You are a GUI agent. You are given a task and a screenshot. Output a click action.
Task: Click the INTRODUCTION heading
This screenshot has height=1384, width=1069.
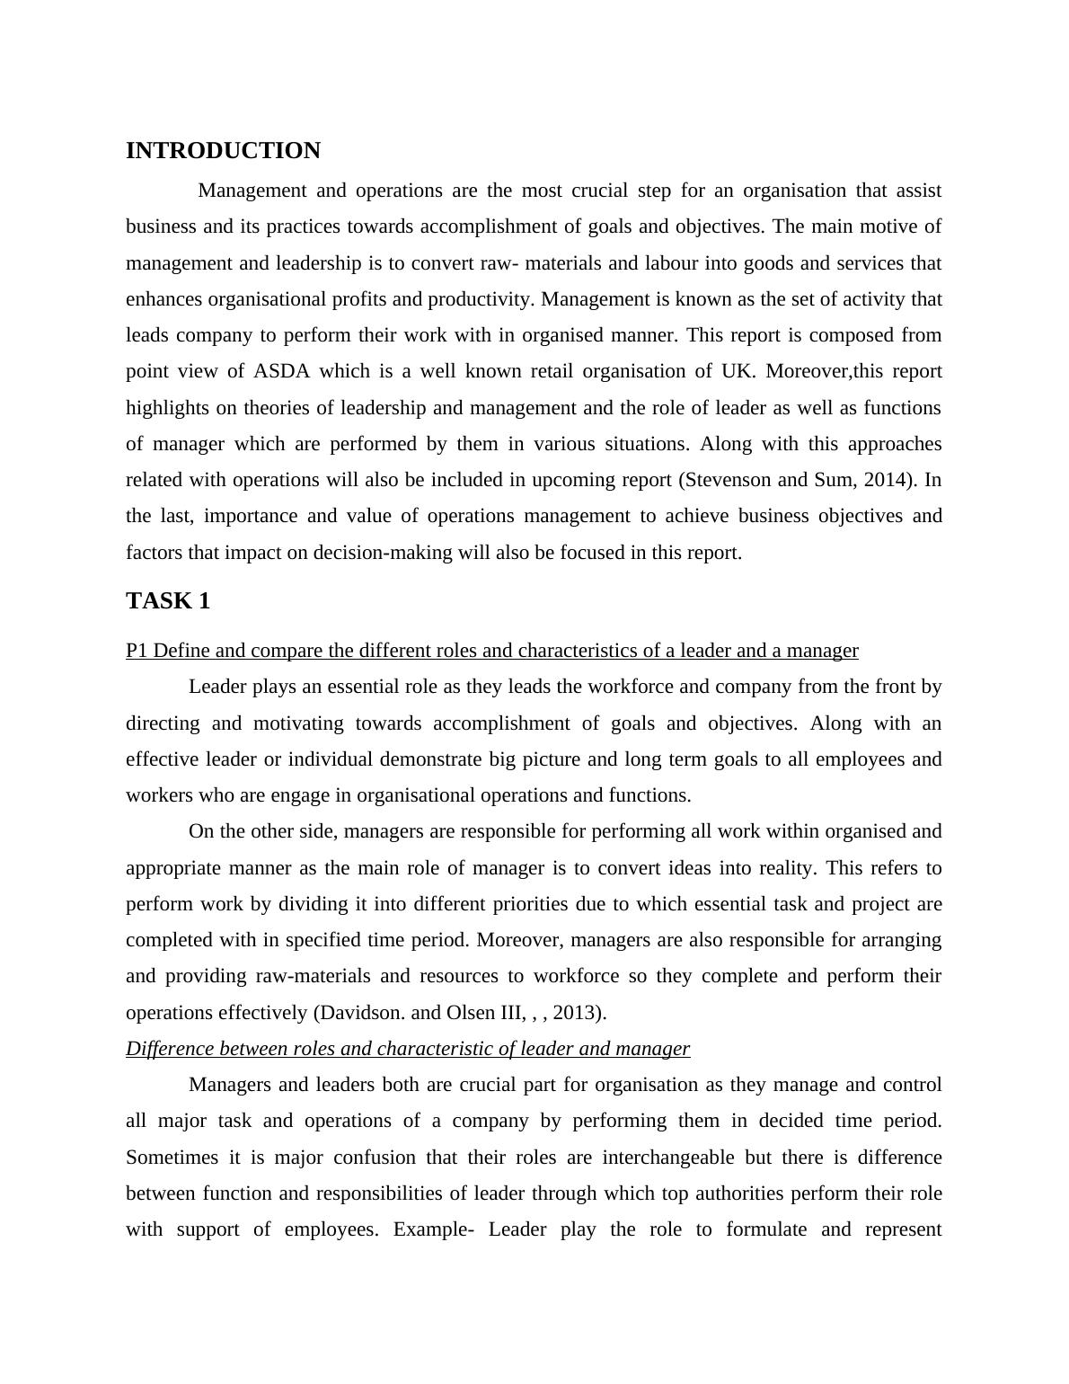coord(223,151)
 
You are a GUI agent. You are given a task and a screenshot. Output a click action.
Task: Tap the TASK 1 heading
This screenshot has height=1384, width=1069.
coord(168,601)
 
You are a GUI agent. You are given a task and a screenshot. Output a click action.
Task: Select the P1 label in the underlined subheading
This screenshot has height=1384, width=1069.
coord(137,651)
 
